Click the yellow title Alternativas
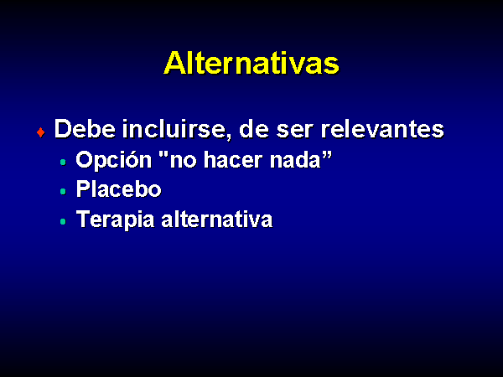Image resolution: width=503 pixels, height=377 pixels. (251, 63)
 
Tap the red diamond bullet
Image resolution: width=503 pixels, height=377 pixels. (41, 132)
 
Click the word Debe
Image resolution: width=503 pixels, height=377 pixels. (85, 129)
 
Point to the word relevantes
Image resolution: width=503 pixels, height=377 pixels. (382, 129)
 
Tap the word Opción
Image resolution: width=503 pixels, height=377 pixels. (113, 160)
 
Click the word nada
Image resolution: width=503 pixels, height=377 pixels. (295, 160)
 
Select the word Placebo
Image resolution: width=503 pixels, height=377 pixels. (118, 188)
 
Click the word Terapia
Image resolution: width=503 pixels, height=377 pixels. (116, 219)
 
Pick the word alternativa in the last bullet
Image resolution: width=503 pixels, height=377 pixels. (216, 219)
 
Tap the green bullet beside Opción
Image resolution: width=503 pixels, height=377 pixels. (63, 163)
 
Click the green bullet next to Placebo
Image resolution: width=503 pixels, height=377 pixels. (63, 192)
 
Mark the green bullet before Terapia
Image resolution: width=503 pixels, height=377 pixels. (63, 221)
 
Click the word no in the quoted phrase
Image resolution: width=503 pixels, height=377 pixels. (183, 162)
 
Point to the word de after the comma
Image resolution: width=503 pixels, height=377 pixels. (254, 129)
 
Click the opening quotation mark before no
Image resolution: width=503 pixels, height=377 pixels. (163, 154)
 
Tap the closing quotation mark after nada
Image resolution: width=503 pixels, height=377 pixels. (327, 154)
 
